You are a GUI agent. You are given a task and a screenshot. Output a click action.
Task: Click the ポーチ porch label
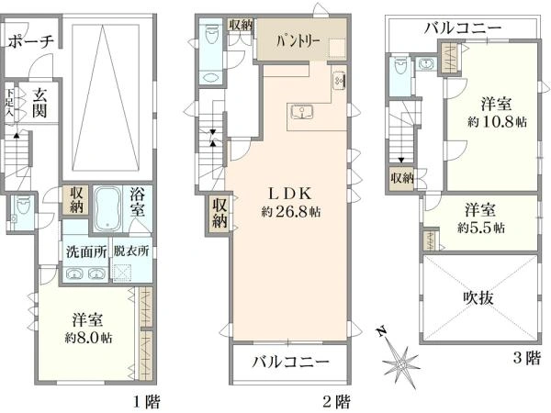[x=31, y=41]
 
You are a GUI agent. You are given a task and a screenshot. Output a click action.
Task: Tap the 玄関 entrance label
[x=39, y=103]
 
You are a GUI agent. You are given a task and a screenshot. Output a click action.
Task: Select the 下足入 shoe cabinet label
[x=9, y=103]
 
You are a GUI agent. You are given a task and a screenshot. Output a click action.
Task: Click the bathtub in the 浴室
[x=107, y=208]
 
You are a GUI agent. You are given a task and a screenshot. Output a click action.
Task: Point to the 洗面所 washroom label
[x=86, y=251]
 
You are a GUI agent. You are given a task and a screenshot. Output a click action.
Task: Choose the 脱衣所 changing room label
[x=131, y=251]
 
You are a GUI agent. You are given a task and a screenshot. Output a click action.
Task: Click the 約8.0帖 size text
[x=88, y=338]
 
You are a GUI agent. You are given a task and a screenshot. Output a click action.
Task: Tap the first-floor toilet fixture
[x=22, y=207]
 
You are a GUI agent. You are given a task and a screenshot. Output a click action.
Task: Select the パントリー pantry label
[x=298, y=42]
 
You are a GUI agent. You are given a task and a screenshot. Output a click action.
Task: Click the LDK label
[x=290, y=193]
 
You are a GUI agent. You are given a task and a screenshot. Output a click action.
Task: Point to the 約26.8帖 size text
[x=290, y=211]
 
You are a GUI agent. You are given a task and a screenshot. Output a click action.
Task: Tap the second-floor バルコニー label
[x=291, y=361]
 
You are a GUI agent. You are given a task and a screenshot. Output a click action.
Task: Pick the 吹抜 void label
[x=478, y=298]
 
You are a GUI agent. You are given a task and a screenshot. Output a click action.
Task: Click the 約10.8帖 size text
[x=497, y=122]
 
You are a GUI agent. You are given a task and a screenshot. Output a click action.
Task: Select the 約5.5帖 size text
[x=481, y=228]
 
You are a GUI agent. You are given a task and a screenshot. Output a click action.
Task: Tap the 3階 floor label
[x=526, y=358]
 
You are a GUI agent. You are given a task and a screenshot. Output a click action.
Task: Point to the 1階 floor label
[x=147, y=401]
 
